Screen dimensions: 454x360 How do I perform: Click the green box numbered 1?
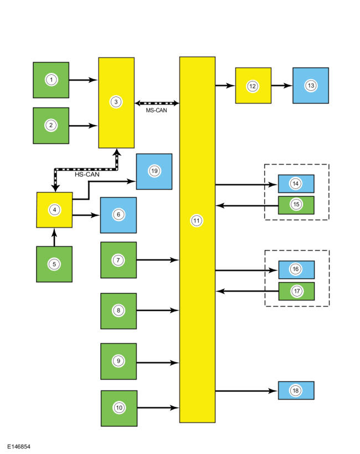[51, 80]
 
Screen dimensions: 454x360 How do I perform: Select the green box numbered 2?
[51, 125]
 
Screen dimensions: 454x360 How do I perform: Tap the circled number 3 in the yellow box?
[116, 102]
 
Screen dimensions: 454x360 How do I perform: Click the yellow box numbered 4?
[54, 210]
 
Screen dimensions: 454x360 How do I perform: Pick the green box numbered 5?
[54, 264]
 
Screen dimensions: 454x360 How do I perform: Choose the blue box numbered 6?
[118, 215]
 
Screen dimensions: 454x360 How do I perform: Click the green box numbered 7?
[119, 259]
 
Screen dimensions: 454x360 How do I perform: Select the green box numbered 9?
[119, 361]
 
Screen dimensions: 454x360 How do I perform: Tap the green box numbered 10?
[119, 407]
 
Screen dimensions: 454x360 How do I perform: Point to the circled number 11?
[197, 221]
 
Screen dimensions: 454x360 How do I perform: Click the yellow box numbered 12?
[253, 86]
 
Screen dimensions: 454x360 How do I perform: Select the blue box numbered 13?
[311, 85]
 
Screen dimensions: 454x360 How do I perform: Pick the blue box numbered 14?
[296, 183]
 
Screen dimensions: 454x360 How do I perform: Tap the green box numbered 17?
[296, 290]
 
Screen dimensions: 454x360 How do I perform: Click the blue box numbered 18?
[296, 390]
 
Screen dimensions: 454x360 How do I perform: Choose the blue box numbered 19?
[154, 171]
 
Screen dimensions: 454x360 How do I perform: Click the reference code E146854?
[19, 445]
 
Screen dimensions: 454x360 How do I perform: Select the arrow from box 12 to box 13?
[282, 86]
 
